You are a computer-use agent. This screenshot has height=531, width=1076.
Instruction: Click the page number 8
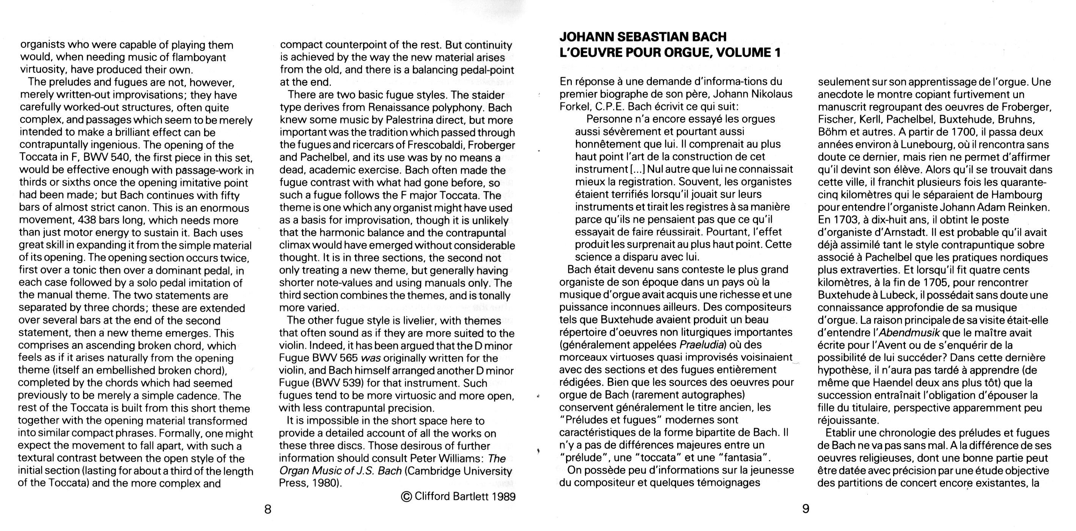268,509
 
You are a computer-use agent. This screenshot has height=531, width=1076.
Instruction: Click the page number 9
806,509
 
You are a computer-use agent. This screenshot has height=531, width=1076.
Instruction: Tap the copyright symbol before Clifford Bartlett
406,496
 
